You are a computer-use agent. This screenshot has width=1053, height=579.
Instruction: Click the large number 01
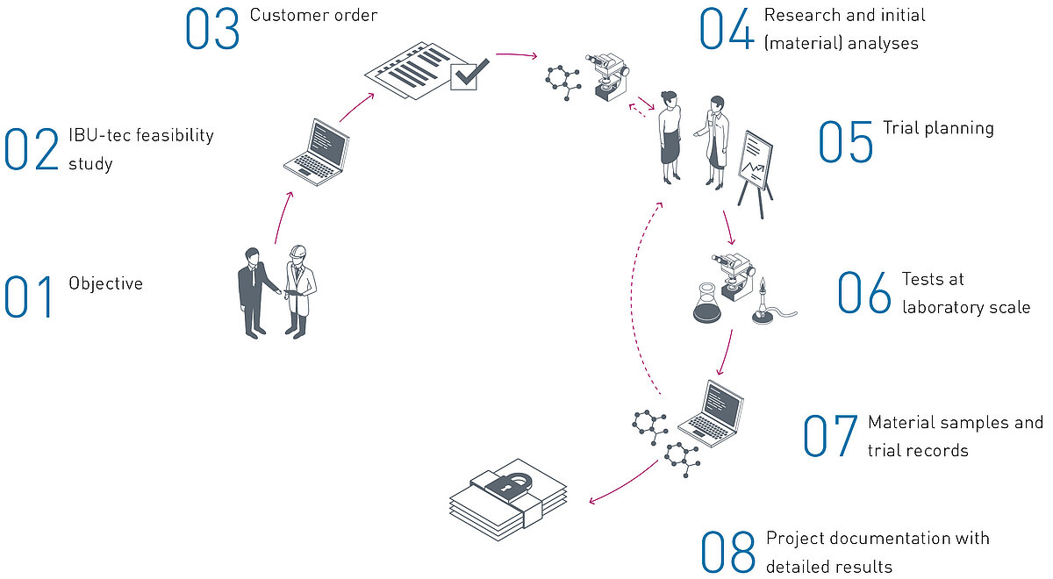click(x=29, y=297)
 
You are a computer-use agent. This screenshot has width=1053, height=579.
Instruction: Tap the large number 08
click(x=728, y=553)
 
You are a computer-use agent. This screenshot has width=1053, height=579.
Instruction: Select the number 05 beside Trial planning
click(x=846, y=142)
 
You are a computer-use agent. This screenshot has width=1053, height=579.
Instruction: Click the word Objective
click(x=105, y=283)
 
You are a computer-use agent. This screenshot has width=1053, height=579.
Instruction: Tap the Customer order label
click(x=313, y=15)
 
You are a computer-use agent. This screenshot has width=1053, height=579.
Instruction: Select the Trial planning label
click(x=938, y=128)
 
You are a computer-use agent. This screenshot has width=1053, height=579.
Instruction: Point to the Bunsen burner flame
click(x=763, y=284)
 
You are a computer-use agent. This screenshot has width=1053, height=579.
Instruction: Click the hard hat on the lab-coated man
click(x=297, y=251)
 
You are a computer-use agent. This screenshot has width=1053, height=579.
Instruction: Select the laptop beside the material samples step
click(x=712, y=410)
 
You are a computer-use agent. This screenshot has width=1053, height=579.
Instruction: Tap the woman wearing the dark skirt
click(x=670, y=135)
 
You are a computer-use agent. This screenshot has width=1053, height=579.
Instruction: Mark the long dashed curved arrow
click(x=638, y=298)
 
